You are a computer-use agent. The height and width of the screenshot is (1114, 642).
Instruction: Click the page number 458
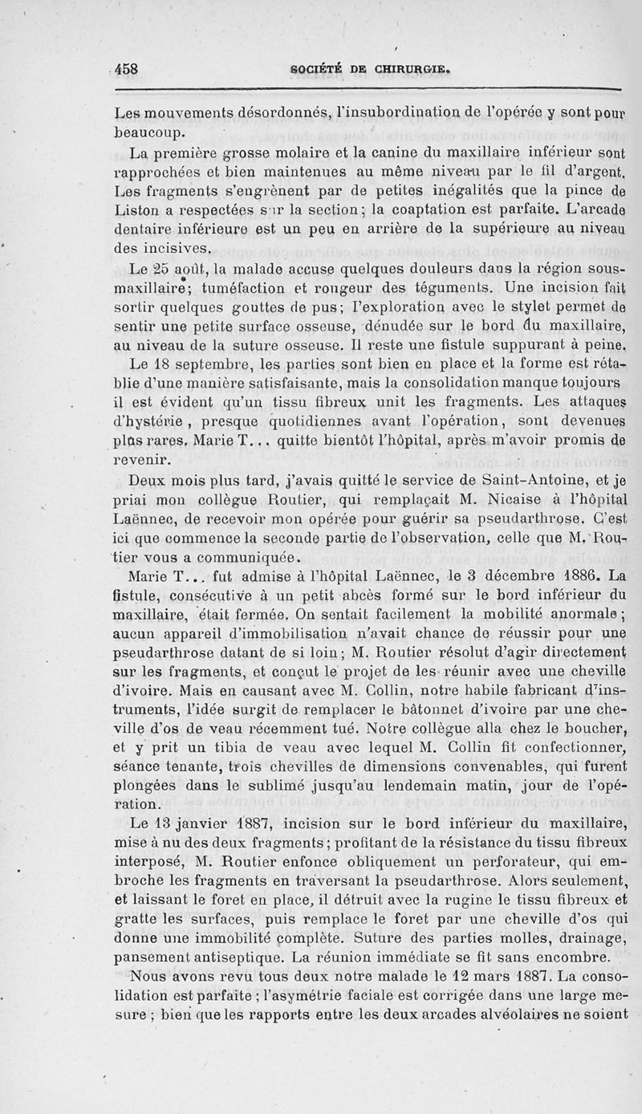tap(126, 69)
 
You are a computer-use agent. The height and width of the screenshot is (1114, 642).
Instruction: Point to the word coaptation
tap(403, 232)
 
